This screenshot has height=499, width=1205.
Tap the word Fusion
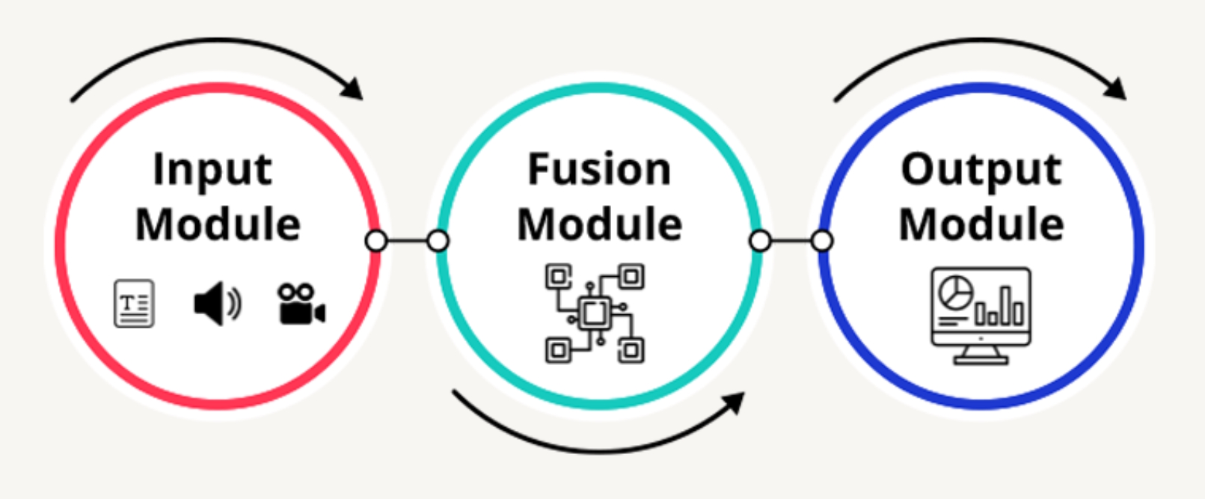599,169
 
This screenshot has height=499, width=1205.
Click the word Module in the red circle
218,224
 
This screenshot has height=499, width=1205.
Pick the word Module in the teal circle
599,224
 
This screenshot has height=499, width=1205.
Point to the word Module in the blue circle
981,224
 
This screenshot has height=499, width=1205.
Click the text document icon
134,304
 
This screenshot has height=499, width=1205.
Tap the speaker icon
217,304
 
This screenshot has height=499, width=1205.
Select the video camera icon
301,304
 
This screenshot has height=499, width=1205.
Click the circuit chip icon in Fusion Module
595,313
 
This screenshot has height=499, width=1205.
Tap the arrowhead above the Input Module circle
353,88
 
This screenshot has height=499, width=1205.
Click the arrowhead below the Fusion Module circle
735,402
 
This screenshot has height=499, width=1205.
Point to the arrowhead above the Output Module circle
1116,88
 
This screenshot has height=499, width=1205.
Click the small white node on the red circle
376,241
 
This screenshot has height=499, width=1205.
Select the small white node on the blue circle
822,241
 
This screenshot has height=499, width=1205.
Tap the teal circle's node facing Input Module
438,241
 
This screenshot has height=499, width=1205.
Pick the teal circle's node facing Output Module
760,241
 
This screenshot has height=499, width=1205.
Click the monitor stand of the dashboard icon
981,355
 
